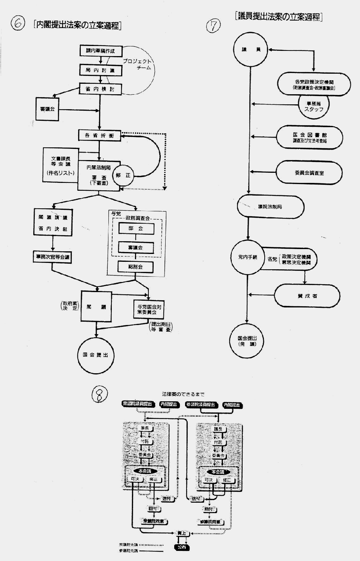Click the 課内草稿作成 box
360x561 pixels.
point(101,51)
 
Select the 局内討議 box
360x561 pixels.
point(101,70)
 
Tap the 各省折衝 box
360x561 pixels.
point(99,135)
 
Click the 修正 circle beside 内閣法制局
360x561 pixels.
point(123,175)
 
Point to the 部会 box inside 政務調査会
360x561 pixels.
point(136,228)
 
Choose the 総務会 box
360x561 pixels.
point(136,267)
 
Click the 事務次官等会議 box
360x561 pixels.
point(52,257)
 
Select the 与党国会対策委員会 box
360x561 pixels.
point(149,309)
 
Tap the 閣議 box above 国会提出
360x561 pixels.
point(96,307)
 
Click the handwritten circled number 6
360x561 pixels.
point(18,24)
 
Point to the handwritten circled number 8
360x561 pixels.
point(99,395)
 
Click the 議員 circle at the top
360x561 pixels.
point(251,50)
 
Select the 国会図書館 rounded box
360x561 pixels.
point(310,138)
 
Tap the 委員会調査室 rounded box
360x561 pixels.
point(309,173)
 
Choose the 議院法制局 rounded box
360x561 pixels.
point(270,207)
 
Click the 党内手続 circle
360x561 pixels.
point(248,257)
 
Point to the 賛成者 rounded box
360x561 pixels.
point(307,296)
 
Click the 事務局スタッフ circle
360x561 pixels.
point(313,106)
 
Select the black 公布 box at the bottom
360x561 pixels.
point(182,548)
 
